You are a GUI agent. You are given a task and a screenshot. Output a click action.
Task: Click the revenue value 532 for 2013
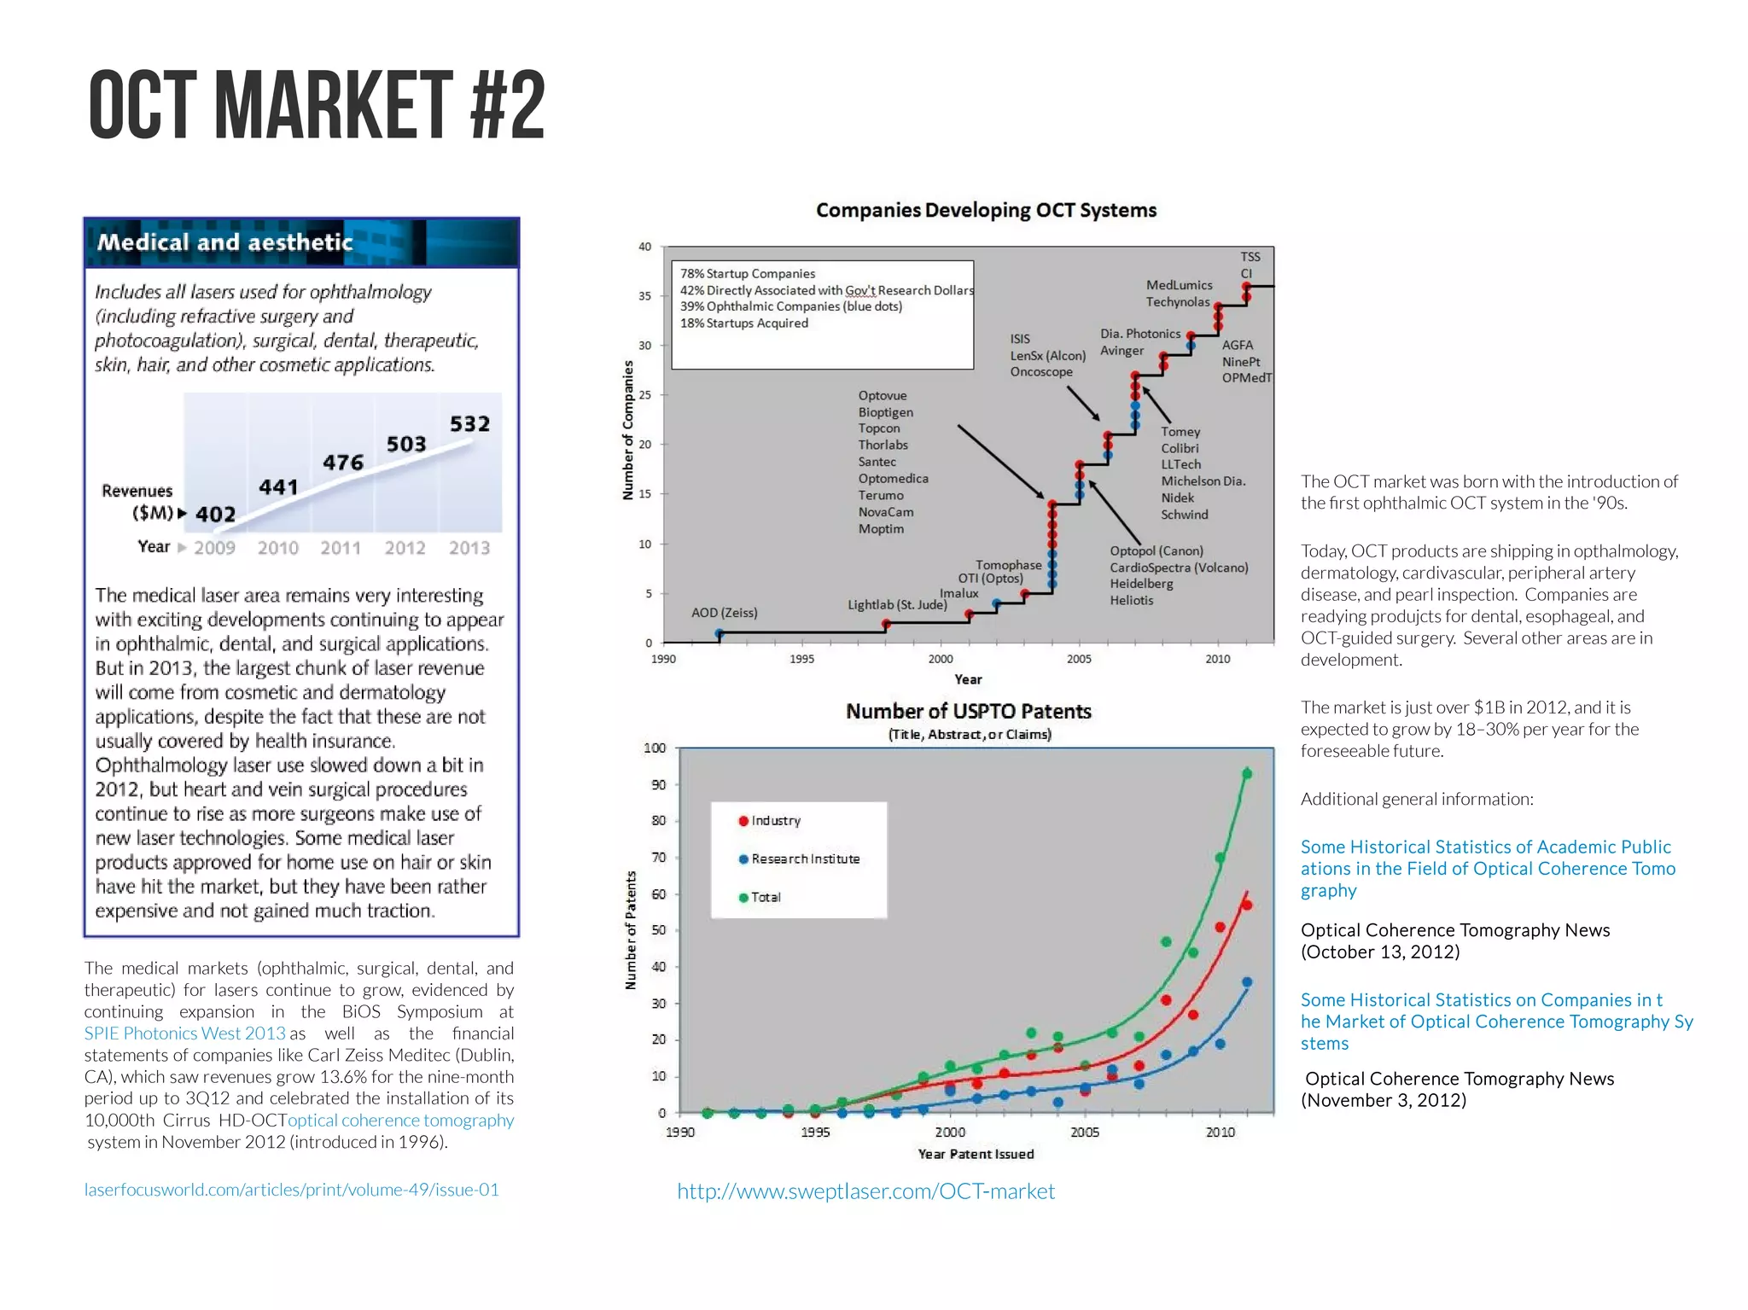tap(469, 424)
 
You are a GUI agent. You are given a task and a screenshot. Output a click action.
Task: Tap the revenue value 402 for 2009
tap(215, 515)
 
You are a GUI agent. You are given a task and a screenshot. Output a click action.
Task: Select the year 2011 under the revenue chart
tap(341, 548)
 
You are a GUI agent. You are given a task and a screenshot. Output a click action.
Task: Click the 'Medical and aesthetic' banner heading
tap(224, 242)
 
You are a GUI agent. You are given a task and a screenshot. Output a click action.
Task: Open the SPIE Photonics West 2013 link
tap(184, 1033)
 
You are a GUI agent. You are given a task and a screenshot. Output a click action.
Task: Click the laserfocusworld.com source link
tap(291, 1190)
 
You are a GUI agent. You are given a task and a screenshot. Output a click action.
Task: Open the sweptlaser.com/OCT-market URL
tap(865, 1191)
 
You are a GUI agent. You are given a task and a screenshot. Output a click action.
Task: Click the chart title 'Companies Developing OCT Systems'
tap(986, 211)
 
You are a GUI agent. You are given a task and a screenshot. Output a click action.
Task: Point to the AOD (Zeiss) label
tap(724, 613)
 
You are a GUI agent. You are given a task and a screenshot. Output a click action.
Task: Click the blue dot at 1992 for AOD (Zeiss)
tap(720, 634)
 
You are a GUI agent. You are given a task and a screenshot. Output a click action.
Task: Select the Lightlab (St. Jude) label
tap(897, 605)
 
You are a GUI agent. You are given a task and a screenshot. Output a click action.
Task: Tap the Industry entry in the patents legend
tap(775, 821)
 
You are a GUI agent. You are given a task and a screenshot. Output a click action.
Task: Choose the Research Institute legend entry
tap(805, 859)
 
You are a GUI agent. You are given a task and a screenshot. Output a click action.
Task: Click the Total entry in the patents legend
tap(766, 898)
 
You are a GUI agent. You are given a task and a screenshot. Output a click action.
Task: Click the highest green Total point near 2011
tap(1247, 774)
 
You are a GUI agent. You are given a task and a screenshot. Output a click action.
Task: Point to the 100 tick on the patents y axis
tap(655, 748)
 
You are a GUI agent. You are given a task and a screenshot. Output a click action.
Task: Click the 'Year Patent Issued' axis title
tap(976, 1154)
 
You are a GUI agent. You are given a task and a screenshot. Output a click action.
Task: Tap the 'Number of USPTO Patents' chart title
tap(969, 712)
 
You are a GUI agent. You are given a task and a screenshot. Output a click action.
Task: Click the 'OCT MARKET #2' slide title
tap(317, 106)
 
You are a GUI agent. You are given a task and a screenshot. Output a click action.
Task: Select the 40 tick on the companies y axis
tap(645, 247)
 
